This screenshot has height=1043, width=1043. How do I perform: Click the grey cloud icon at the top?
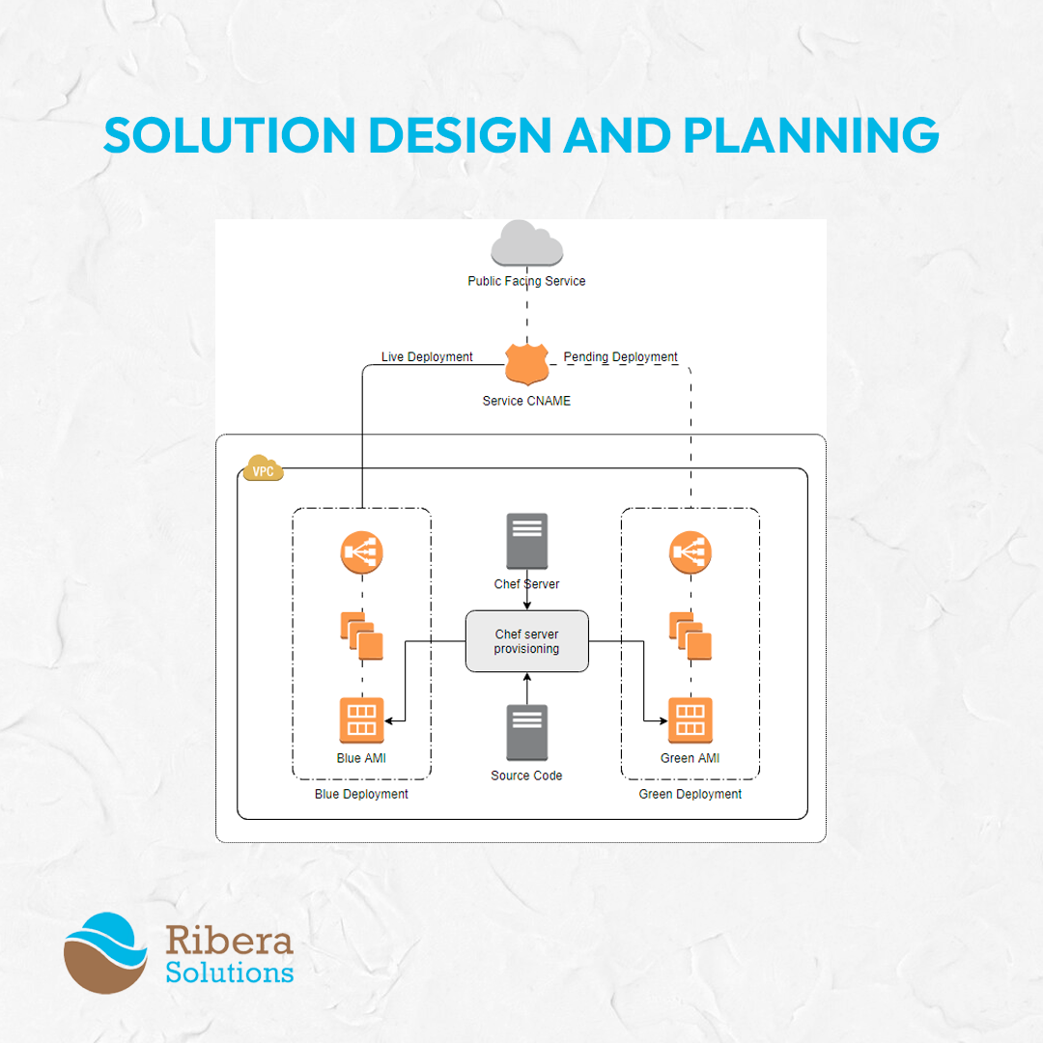pyautogui.click(x=527, y=243)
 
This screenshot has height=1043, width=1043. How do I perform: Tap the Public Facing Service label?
pyautogui.click(x=526, y=281)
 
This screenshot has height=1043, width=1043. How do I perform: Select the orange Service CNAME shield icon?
pyautogui.click(x=527, y=364)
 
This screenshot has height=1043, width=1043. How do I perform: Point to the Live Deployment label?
pyautogui.click(x=427, y=356)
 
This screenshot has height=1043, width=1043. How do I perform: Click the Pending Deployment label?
pyautogui.click(x=620, y=356)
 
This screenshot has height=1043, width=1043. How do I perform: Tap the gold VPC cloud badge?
pyautogui.click(x=264, y=468)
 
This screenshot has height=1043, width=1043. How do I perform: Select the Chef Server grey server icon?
pyautogui.click(x=527, y=541)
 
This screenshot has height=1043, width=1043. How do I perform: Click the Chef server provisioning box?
pyautogui.click(x=527, y=641)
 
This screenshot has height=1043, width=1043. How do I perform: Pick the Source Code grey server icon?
pyautogui.click(x=527, y=732)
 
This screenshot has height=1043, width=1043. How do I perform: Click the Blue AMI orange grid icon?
pyautogui.click(x=362, y=719)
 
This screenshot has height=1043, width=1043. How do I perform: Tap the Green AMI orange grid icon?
pyautogui.click(x=691, y=719)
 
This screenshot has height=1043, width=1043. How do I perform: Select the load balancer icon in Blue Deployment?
pyautogui.click(x=362, y=552)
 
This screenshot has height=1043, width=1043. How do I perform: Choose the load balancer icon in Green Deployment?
pyautogui.click(x=691, y=552)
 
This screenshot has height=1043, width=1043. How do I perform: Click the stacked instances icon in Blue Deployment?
pyautogui.click(x=362, y=635)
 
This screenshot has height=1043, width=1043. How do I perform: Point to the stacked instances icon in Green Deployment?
pyautogui.click(x=691, y=635)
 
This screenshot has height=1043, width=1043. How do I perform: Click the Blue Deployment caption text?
pyautogui.click(x=361, y=794)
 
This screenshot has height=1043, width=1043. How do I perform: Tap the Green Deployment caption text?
pyautogui.click(x=690, y=794)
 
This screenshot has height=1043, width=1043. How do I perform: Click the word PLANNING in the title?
pyautogui.click(x=811, y=135)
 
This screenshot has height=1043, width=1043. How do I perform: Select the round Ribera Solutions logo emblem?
pyautogui.click(x=105, y=953)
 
